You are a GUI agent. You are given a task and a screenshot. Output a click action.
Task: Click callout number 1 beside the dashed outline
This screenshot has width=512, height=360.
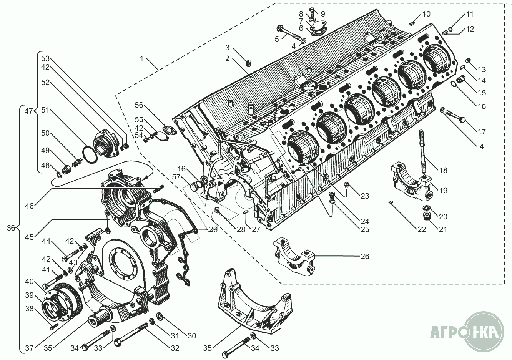(142, 59)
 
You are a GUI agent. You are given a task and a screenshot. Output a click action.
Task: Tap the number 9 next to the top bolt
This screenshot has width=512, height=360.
(323, 14)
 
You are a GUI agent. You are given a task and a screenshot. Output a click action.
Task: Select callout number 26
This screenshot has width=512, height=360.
(365, 256)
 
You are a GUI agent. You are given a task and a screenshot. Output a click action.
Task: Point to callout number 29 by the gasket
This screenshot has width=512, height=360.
(213, 229)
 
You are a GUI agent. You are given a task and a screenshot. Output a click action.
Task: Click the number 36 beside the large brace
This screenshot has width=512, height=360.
(11, 228)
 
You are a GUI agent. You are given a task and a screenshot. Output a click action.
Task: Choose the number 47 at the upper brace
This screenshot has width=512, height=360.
(28, 111)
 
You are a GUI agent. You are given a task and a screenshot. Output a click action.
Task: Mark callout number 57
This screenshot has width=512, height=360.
(176, 177)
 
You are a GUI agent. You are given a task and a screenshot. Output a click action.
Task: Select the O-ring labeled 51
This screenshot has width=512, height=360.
(90, 155)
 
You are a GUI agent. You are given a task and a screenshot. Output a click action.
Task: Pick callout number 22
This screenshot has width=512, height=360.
(422, 229)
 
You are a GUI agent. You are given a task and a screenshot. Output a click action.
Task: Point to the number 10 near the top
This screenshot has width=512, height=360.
(426, 14)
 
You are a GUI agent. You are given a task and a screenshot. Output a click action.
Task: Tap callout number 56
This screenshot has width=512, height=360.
(139, 105)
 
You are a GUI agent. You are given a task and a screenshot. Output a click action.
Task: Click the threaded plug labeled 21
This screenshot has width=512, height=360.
(426, 216)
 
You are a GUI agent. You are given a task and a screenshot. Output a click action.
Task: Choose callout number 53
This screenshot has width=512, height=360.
(45, 58)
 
